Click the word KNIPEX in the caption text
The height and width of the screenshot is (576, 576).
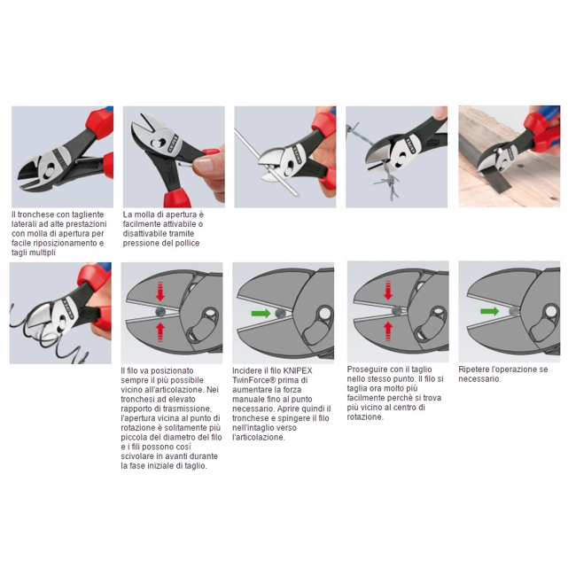click(298, 370)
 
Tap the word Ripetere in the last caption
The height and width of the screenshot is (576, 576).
click(473, 370)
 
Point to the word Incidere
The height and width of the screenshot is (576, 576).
click(247, 370)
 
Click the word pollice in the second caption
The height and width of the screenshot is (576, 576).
click(186, 243)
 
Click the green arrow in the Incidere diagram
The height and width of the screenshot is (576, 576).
click(261, 314)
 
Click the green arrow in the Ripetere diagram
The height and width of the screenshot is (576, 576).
click(490, 312)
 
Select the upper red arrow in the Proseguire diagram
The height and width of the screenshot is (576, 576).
click(388, 290)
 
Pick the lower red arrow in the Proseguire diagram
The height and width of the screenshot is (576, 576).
click(387, 331)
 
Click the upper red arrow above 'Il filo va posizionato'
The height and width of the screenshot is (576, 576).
click(160, 292)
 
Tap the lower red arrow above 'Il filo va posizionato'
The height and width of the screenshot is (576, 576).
click(160, 331)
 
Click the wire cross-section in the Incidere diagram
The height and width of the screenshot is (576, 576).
click(280, 314)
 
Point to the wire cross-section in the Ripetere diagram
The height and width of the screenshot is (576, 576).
click(514, 312)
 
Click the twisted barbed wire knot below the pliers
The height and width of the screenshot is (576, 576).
click(387, 181)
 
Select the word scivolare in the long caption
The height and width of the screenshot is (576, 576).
click(138, 456)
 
